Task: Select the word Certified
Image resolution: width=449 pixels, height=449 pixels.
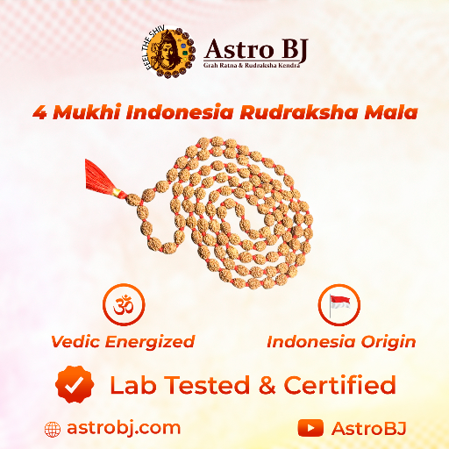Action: tap(346, 384)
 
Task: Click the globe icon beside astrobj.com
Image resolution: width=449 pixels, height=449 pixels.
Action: tap(53, 428)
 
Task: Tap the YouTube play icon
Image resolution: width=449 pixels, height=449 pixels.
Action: tap(310, 428)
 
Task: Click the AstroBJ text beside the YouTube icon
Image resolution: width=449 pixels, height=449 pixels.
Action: tap(368, 428)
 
